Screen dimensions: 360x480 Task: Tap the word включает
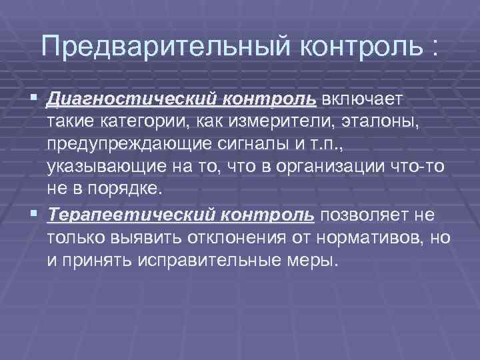[x=361, y=100]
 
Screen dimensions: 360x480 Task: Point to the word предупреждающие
[x=127, y=144]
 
